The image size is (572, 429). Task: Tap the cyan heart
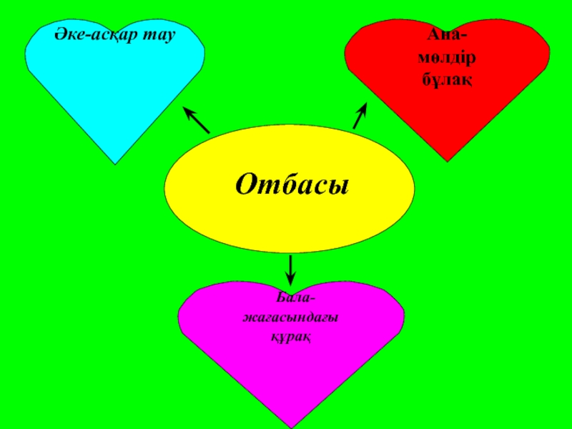point(114,93)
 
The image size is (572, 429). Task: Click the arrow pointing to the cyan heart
point(196,120)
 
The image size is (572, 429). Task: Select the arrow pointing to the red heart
point(360,115)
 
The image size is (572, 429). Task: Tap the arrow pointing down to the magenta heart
point(291,269)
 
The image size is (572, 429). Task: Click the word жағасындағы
point(290,316)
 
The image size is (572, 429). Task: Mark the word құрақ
point(290,335)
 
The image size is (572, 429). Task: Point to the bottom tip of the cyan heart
point(116,163)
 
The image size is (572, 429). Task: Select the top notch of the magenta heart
point(291,287)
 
